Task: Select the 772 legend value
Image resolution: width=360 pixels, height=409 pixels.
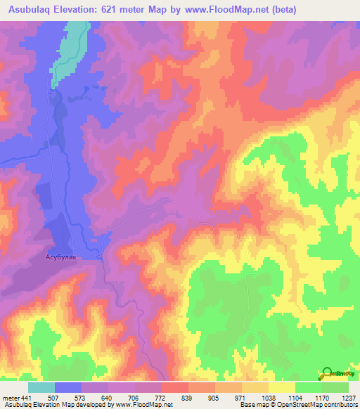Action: [162, 397]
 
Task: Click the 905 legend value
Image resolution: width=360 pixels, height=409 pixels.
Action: [215, 397]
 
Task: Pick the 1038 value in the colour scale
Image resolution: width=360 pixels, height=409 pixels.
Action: [268, 397]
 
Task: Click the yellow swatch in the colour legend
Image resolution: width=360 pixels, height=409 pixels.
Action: [281, 387]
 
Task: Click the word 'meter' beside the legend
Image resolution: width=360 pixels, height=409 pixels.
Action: [10, 397]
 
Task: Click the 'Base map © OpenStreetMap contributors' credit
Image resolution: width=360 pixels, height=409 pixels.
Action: [297, 405]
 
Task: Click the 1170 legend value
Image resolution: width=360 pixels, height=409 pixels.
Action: [321, 397]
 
